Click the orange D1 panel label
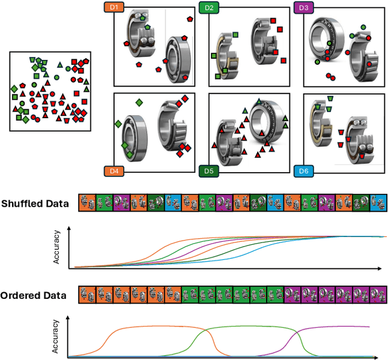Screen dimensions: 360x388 [x=113, y=8]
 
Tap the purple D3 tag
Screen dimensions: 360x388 [x=302, y=8]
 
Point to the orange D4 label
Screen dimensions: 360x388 [x=113, y=171]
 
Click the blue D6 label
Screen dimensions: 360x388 [x=302, y=171]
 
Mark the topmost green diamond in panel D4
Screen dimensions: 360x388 [x=139, y=103]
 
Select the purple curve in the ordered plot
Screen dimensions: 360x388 [x=339, y=327]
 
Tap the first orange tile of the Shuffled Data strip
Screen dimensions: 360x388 [x=87, y=203]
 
